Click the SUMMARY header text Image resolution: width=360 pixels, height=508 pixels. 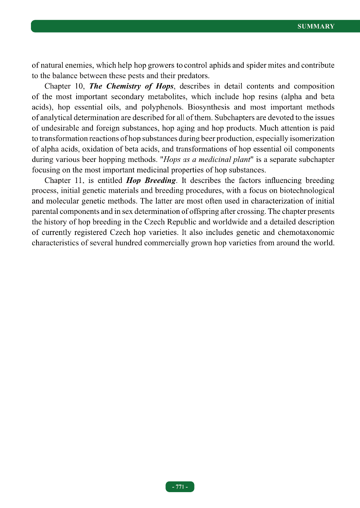pyautogui.click(x=316, y=27)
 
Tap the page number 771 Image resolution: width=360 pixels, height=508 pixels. pyautogui.click(x=180, y=487)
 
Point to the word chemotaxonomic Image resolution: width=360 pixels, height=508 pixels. pyautogui.click(x=304, y=232)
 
